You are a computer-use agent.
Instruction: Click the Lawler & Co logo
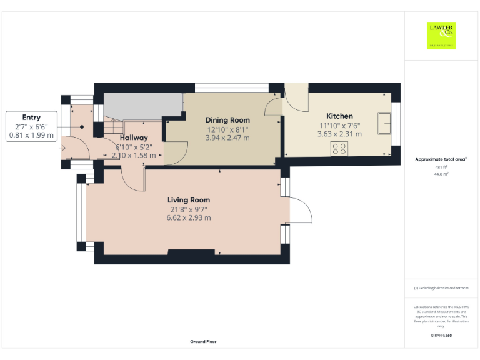tap(441, 36)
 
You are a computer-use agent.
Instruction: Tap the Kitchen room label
tap(339, 116)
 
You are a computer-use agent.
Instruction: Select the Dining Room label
tap(228, 120)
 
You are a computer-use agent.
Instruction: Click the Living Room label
tap(188, 200)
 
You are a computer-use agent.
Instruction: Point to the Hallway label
tap(134, 137)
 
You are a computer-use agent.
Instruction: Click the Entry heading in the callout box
tap(31, 117)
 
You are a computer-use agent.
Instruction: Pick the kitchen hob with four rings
tap(339, 149)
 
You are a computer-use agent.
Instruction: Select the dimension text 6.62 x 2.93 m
tap(188, 218)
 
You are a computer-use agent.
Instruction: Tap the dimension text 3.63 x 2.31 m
tap(339, 134)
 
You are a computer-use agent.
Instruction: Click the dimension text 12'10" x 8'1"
tap(228, 129)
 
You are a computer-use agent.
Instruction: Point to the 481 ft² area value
tap(441, 167)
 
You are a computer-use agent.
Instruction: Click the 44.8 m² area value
tap(441, 174)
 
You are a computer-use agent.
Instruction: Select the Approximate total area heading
tap(441, 159)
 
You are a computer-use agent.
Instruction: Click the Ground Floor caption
tap(204, 342)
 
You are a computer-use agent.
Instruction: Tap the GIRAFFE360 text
tap(441, 336)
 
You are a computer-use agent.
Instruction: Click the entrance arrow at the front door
tap(62, 148)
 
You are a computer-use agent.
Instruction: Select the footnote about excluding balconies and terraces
tap(441, 288)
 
